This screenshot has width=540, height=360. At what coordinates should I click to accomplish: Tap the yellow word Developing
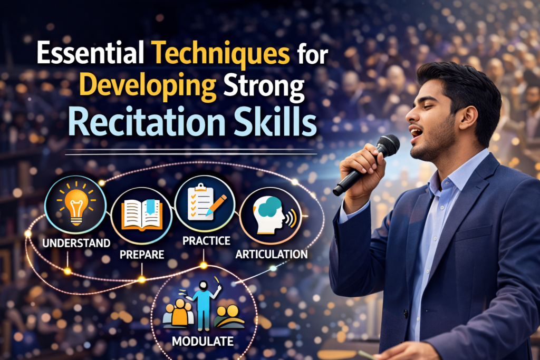click(127, 90)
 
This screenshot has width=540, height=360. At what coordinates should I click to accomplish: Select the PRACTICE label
click(206, 241)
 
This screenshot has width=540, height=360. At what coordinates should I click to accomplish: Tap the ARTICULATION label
click(272, 254)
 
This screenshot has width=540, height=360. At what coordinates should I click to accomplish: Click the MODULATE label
click(202, 341)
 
